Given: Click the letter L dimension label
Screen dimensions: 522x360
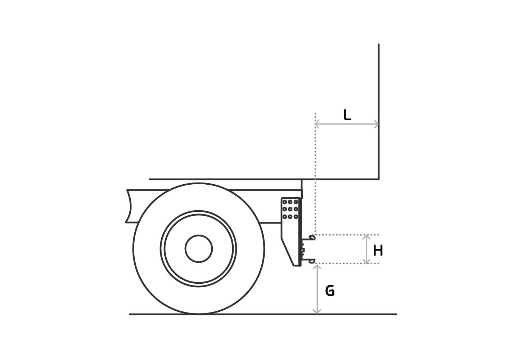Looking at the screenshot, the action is pyautogui.click(x=347, y=115).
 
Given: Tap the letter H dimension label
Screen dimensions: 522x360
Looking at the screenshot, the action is pyautogui.click(x=378, y=251).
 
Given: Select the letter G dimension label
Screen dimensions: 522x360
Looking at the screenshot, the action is pyautogui.click(x=330, y=291).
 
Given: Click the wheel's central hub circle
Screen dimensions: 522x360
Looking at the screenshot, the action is pyautogui.click(x=199, y=249).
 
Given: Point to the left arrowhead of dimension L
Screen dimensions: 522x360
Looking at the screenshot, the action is pyautogui.click(x=317, y=124).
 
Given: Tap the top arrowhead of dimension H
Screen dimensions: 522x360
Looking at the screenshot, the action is pyautogui.click(x=366, y=237).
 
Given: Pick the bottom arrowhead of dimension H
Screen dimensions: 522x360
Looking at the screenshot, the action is pyautogui.click(x=366, y=261).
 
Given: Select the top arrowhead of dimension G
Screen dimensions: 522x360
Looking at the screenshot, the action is pyautogui.click(x=317, y=267).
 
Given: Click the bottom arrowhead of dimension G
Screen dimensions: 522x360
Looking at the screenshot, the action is pyautogui.click(x=317, y=311).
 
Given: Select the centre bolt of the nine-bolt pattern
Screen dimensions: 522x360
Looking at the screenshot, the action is pyautogui.click(x=290, y=209).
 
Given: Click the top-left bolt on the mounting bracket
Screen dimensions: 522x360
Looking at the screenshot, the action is pyautogui.click(x=284, y=202).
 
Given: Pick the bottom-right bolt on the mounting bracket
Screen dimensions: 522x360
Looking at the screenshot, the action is pyautogui.click(x=296, y=217).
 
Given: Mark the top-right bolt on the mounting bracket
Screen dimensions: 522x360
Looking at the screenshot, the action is pyautogui.click(x=296, y=202).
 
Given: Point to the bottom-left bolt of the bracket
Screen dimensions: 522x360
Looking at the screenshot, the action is pyautogui.click(x=284, y=217).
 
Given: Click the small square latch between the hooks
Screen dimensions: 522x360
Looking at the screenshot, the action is pyautogui.click(x=303, y=250).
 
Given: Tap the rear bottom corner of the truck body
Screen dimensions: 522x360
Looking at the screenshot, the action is pyautogui.click(x=378, y=179).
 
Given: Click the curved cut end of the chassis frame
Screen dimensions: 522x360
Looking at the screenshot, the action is pyautogui.click(x=129, y=206).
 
